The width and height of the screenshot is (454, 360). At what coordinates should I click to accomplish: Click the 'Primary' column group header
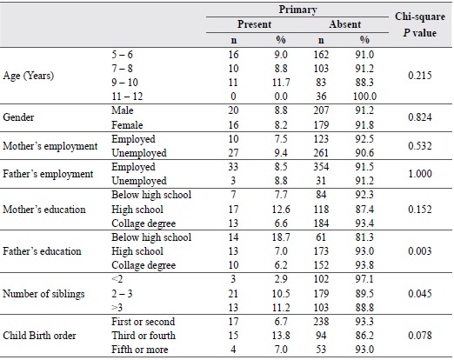[x=297, y=10]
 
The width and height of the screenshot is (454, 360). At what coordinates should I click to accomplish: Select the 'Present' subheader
[x=254, y=24]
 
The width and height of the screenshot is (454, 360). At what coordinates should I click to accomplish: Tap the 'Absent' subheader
[x=345, y=24]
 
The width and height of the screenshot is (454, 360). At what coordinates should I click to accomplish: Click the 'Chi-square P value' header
[x=420, y=24]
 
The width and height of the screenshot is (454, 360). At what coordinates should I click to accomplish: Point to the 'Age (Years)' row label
[x=29, y=76]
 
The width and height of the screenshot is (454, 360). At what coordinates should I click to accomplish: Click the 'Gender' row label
[x=18, y=117]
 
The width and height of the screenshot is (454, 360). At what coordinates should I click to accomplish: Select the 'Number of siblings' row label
[x=43, y=294]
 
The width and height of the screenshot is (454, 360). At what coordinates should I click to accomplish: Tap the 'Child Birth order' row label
[x=39, y=336]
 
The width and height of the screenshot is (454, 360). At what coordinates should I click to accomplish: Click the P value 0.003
[x=420, y=251]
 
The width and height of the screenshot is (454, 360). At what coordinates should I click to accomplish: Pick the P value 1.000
[x=420, y=174]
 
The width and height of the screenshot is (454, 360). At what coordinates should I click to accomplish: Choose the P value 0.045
[x=420, y=294]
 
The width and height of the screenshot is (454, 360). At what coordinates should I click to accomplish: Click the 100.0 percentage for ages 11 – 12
[x=364, y=97]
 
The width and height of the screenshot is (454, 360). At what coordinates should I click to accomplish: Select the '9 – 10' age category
[x=125, y=83]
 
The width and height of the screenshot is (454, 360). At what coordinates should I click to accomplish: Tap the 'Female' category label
[x=127, y=125]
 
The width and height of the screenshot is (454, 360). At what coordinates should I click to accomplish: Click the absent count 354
[x=321, y=167]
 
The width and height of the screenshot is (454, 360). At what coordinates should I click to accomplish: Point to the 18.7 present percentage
[x=281, y=237]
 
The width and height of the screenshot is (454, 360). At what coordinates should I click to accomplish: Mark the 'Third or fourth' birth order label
[x=144, y=336]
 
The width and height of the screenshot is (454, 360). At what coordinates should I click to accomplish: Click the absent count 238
[x=321, y=322]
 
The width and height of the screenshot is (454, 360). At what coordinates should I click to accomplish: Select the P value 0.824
[x=420, y=117]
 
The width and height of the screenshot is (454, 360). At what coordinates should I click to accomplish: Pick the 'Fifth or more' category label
[x=140, y=350]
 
